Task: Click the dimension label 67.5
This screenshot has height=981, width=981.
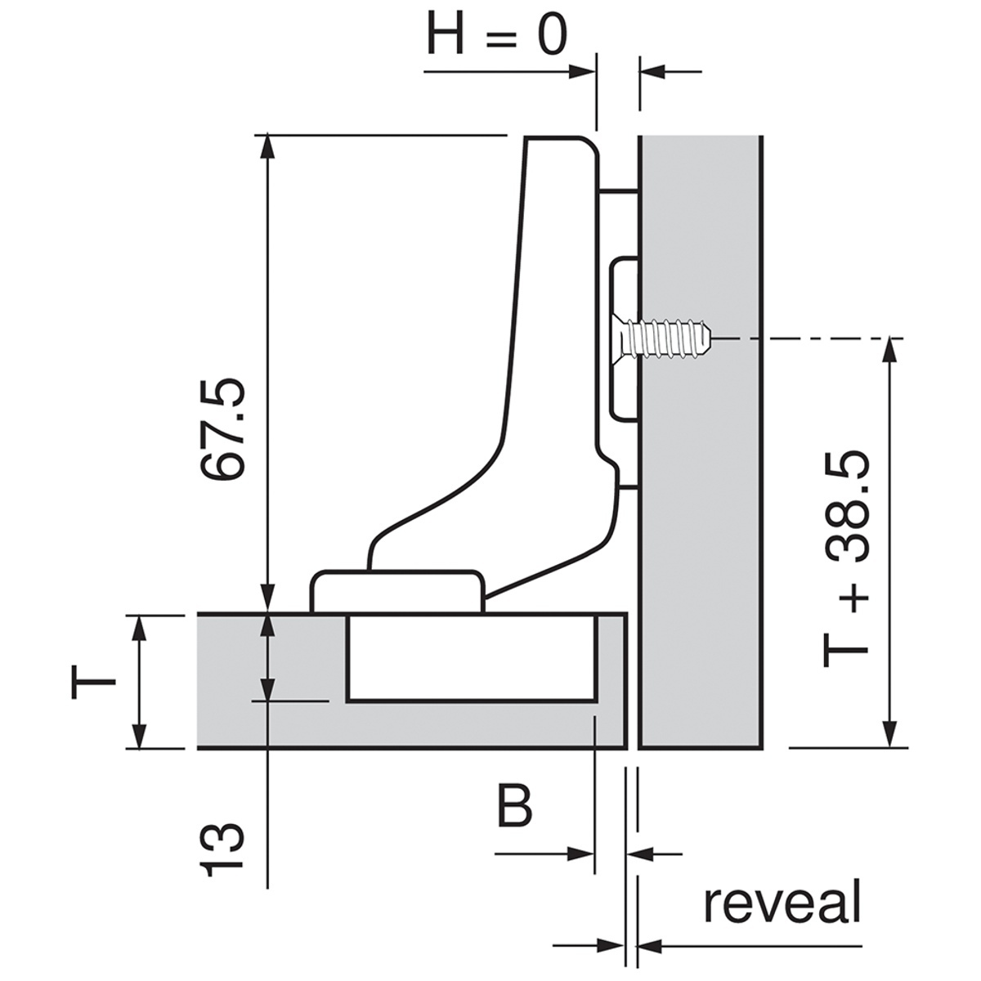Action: point(223,429)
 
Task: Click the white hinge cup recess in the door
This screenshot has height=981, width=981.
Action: point(472,658)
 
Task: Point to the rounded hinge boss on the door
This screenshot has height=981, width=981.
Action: point(396,592)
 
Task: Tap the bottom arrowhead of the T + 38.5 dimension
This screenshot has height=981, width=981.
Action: point(889,733)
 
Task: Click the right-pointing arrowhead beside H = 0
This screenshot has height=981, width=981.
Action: point(582,72)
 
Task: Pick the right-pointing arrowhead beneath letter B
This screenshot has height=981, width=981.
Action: point(581,853)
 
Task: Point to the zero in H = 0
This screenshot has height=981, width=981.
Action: point(552,35)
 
